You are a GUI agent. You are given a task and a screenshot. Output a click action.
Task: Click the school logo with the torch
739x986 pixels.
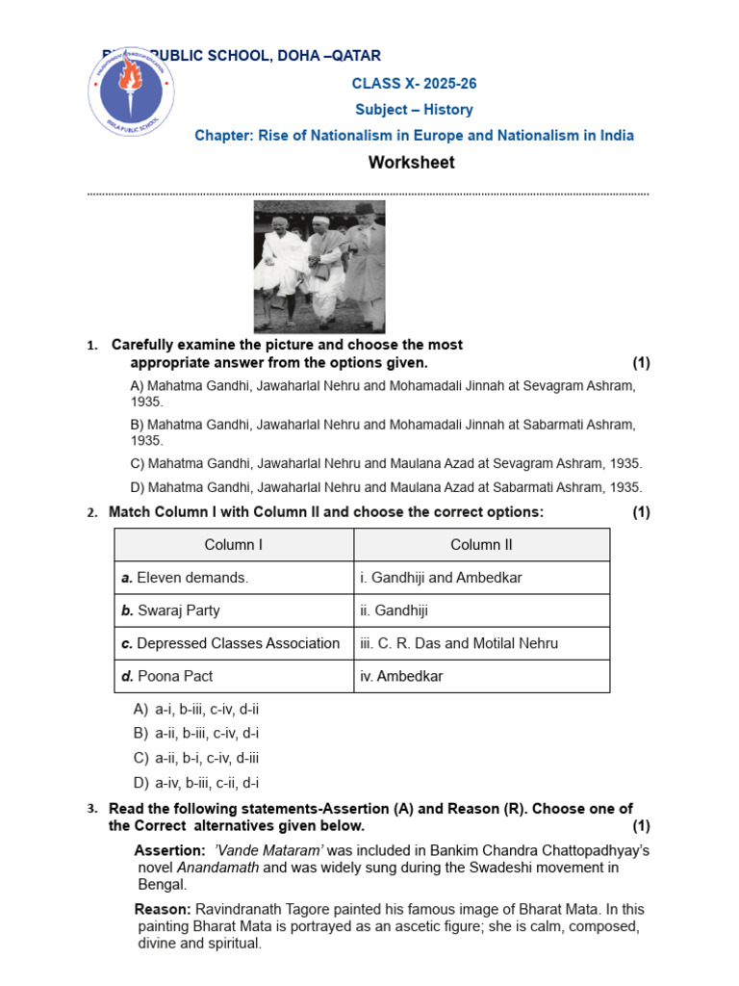132,92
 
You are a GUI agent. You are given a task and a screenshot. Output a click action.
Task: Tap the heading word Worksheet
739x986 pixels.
412,163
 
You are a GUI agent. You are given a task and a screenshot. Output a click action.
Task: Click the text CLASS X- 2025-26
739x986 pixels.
414,84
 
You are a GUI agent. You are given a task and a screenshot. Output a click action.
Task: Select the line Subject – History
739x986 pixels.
414,110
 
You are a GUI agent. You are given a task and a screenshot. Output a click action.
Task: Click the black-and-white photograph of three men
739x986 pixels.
319,267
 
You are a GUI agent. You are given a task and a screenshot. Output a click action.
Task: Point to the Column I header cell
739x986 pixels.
234,545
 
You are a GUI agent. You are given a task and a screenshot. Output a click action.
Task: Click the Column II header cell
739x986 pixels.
481,545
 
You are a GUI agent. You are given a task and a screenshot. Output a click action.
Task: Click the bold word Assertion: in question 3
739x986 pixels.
169,851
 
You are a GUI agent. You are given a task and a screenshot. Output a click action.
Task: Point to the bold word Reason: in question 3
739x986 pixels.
163,909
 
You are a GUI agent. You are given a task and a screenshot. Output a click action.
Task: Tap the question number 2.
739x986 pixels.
92,513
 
